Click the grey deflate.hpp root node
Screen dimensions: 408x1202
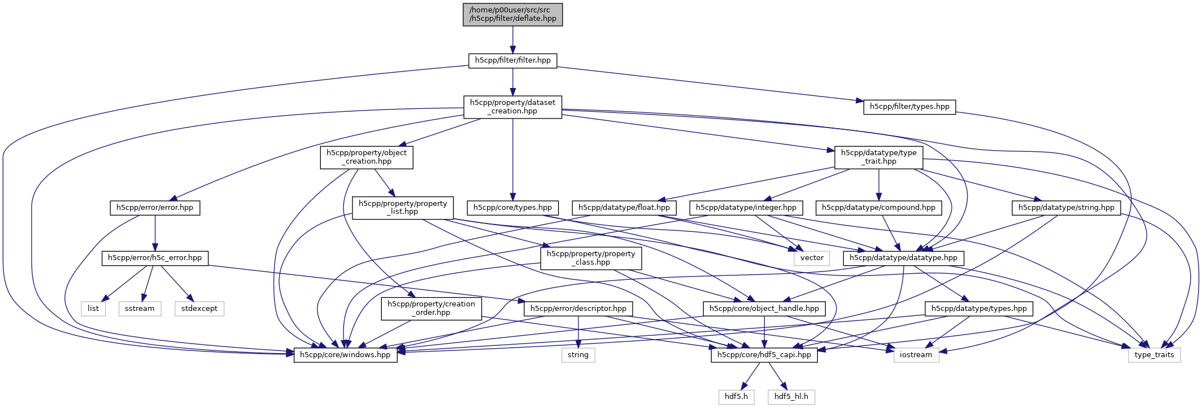coord(512,14)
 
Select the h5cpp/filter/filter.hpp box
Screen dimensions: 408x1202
coord(512,60)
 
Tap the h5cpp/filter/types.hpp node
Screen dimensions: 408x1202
coord(909,107)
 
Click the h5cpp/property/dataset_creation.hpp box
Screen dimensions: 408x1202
coord(512,107)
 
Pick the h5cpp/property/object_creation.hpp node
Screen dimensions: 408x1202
coord(366,157)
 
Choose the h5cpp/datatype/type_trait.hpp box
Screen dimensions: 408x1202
coord(878,157)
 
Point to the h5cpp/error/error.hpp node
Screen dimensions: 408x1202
coord(154,208)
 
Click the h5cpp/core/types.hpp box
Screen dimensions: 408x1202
coord(512,208)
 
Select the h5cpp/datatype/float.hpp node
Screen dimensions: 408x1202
coord(624,208)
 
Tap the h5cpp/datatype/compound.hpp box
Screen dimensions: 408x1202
coord(878,208)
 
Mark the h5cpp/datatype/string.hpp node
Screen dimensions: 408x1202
coord(1066,208)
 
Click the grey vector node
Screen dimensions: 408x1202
coord(812,258)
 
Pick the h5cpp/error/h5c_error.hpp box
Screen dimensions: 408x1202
coord(154,258)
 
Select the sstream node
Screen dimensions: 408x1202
coord(140,309)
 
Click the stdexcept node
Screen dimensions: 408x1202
coord(199,309)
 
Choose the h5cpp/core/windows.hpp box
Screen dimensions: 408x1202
coord(345,355)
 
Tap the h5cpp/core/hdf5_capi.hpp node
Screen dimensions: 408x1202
coord(764,355)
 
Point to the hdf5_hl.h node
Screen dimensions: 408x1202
coord(791,397)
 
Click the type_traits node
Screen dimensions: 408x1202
coord(1153,355)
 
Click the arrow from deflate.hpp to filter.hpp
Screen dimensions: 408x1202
coord(512,40)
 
